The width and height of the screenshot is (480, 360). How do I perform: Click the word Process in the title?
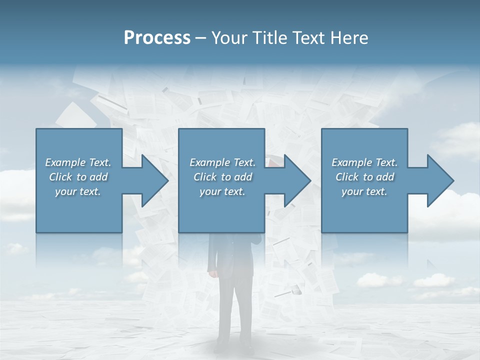(x=157, y=38)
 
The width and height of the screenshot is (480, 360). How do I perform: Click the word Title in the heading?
(x=269, y=38)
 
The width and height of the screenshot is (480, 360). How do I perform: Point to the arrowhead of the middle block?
(x=296, y=180)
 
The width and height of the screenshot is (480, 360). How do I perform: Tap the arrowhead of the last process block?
(x=439, y=180)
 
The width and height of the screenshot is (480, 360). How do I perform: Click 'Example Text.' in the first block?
(x=78, y=162)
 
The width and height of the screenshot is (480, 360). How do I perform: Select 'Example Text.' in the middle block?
(x=222, y=162)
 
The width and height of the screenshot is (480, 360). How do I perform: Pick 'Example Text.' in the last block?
(x=364, y=162)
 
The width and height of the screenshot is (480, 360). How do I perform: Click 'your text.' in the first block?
(x=78, y=191)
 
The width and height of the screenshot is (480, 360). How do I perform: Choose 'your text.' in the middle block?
(x=222, y=191)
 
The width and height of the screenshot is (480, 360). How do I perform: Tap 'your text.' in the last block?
(x=364, y=191)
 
